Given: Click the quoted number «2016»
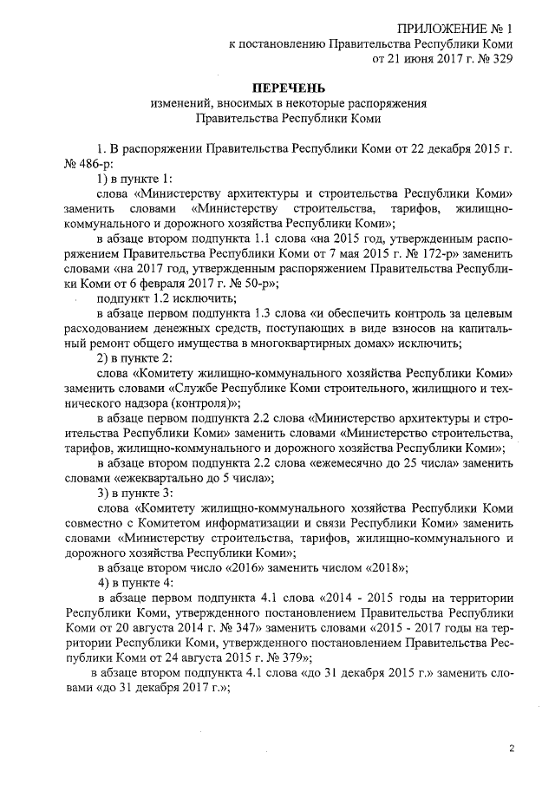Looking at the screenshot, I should pos(229,568).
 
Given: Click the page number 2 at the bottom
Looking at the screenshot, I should pos(512,748).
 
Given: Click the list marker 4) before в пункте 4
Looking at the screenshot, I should pos(103,584).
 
